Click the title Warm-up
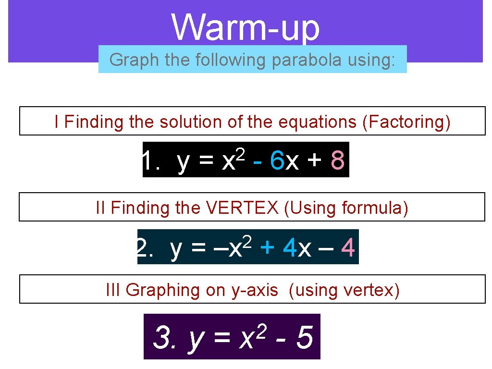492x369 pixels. coord(246,27)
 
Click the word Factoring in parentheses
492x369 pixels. coord(406,122)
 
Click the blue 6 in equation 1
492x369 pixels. coord(277,161)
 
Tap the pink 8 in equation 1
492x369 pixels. coord(338,161)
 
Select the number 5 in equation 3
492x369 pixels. coord(305,338)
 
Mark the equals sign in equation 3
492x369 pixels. coord(221,339)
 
